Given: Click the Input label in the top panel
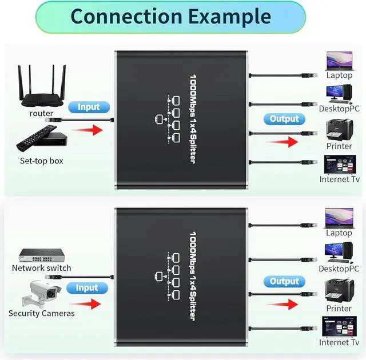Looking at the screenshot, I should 88,107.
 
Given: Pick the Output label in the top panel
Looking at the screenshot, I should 284,119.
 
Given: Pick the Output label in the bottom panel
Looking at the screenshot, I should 284,281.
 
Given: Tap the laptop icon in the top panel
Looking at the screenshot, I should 339,61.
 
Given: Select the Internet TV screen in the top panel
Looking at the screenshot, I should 339,163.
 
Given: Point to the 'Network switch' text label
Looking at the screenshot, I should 42,268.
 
